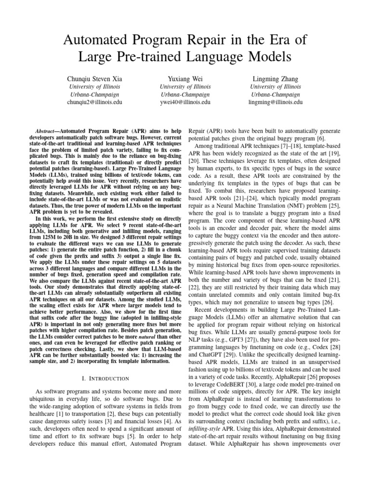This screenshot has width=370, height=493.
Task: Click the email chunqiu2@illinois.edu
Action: coord(92,103)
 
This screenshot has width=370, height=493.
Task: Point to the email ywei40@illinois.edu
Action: coord(185,103)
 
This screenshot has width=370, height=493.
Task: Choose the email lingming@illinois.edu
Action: coord(276,103)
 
